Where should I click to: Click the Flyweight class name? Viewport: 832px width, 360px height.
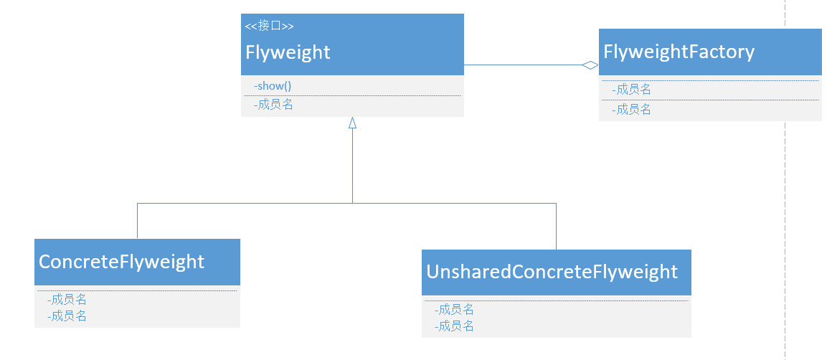[x=288, y=52]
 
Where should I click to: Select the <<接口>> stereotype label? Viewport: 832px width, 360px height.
[x=269, y=27]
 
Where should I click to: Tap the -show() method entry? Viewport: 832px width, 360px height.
[x=273, y=86]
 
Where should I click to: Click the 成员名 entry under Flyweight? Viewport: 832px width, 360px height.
[x=273, y=105]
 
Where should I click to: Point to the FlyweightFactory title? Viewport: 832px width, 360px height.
[x=679, y=52]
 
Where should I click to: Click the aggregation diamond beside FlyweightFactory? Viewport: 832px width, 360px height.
[x=590, y=65]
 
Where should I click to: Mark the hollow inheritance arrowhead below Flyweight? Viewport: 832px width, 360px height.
[x=352, y=123]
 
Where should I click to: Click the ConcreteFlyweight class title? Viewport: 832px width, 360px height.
[x=121, y=262]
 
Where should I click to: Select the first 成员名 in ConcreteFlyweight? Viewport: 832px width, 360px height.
[x=67, y=300]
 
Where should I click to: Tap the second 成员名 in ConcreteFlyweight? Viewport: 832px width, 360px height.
[x=67, y=316]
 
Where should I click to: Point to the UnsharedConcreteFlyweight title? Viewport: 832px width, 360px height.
[x=552, y=272]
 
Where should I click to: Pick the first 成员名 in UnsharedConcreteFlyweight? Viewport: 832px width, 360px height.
[x=454, y=310]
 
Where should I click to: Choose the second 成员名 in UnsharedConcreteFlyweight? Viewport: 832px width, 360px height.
[x=454, y=326]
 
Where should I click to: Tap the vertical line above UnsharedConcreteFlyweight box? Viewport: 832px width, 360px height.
[x=556, y=226]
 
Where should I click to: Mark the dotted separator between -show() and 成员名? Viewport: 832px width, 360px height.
[x=352, y=95]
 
